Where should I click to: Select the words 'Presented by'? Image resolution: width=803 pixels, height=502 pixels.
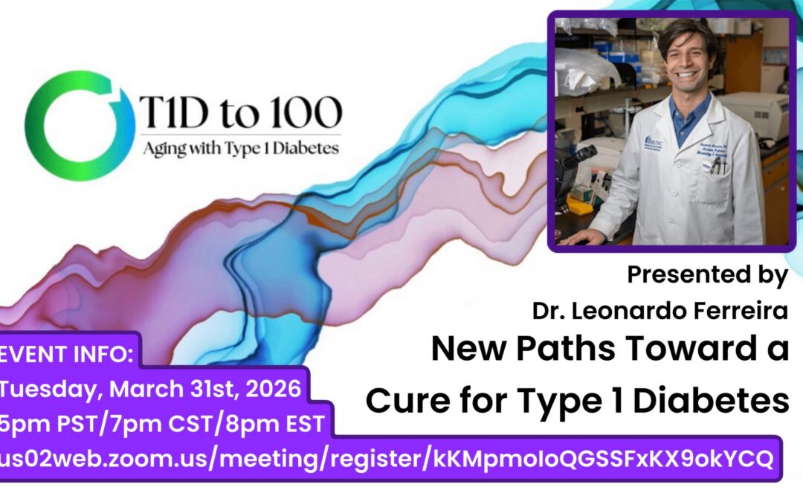[707, 275]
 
